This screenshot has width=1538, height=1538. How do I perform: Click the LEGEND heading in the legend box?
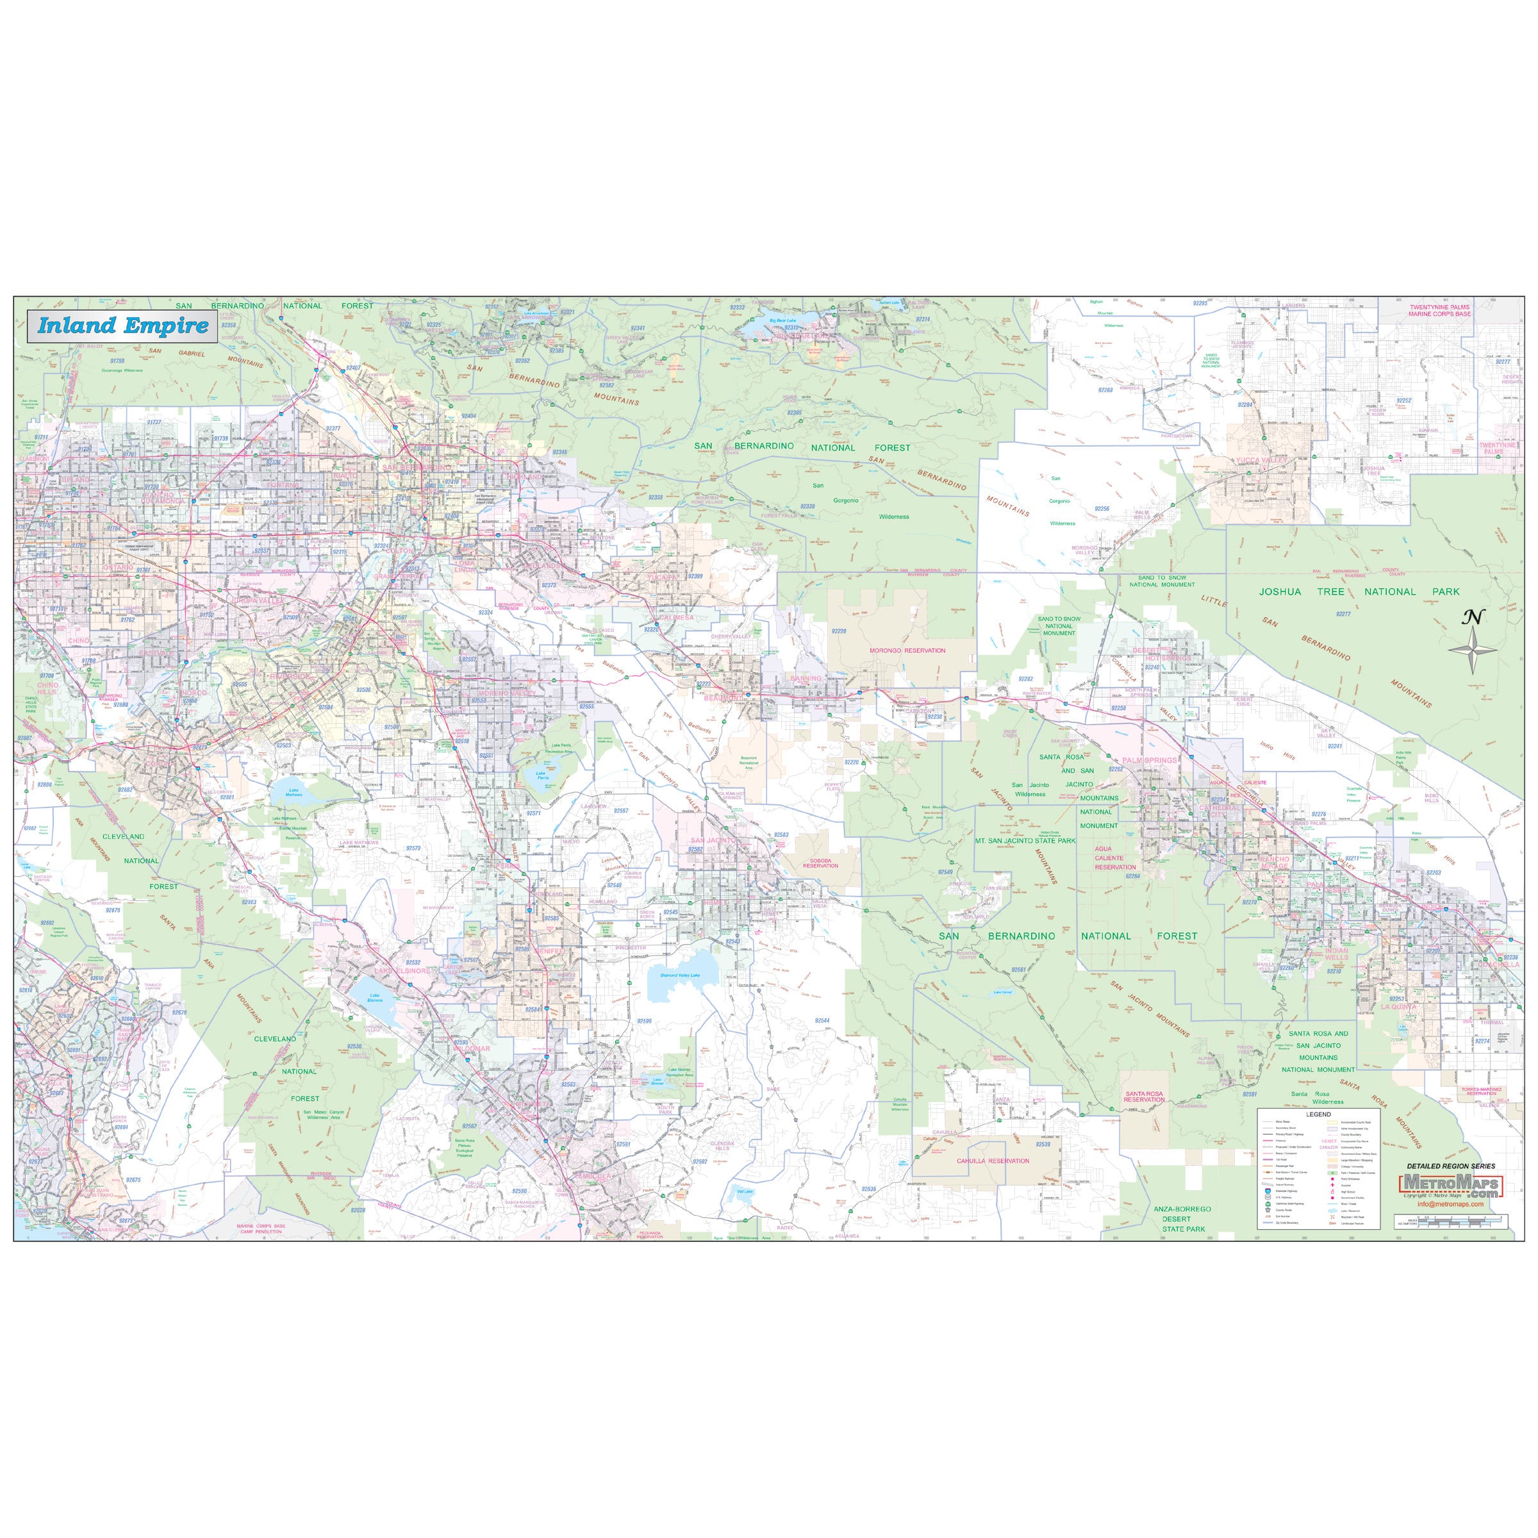(1318, 1114)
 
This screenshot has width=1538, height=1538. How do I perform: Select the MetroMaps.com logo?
(1450, 1184)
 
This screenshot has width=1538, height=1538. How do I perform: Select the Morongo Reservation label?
(907, 650)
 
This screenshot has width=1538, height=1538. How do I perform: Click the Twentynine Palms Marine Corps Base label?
(1439, 310)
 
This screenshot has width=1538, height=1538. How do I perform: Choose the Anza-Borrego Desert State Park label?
(1182, 1219)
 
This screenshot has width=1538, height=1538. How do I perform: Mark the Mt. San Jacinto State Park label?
(1025, 841)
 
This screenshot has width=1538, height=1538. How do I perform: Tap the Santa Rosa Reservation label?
(1143, 1097)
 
